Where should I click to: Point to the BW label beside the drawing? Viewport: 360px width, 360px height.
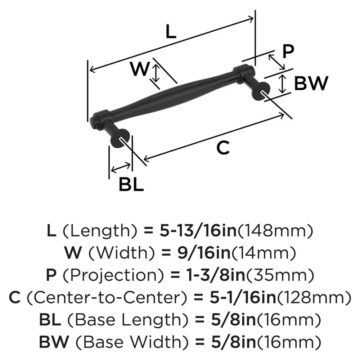[x=311, y=84]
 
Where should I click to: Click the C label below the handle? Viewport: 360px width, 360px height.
[x=223, y=148]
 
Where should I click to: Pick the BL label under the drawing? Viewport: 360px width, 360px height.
[x=131, y=185]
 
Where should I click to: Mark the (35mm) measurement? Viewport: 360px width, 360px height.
[x=275, y=275]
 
